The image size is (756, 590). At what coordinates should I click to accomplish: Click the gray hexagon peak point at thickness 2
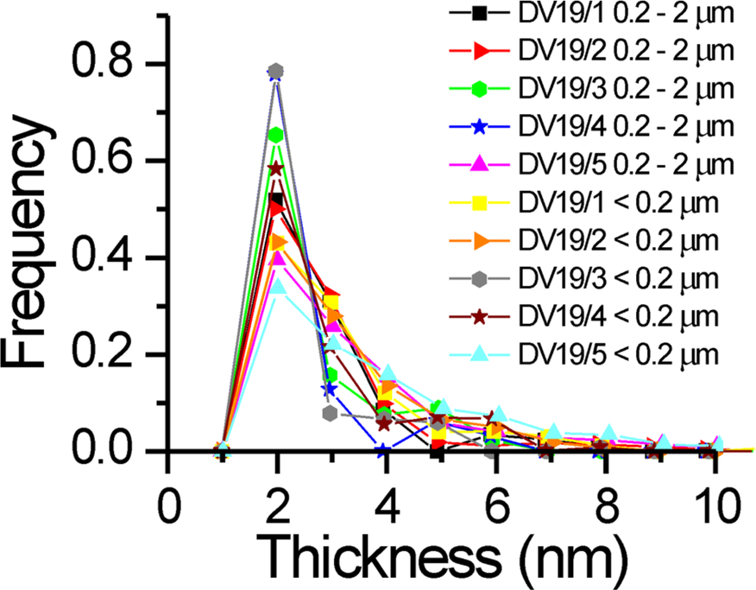(276, 71)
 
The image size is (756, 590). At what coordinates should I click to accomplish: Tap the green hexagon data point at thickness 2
(276, 135)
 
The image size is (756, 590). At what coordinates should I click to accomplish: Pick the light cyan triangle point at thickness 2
(276, 287)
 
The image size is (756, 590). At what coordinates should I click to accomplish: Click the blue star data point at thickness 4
(385, 450)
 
